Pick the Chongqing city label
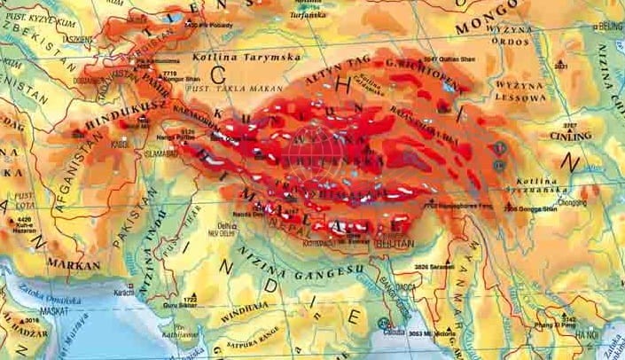point(572,201)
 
